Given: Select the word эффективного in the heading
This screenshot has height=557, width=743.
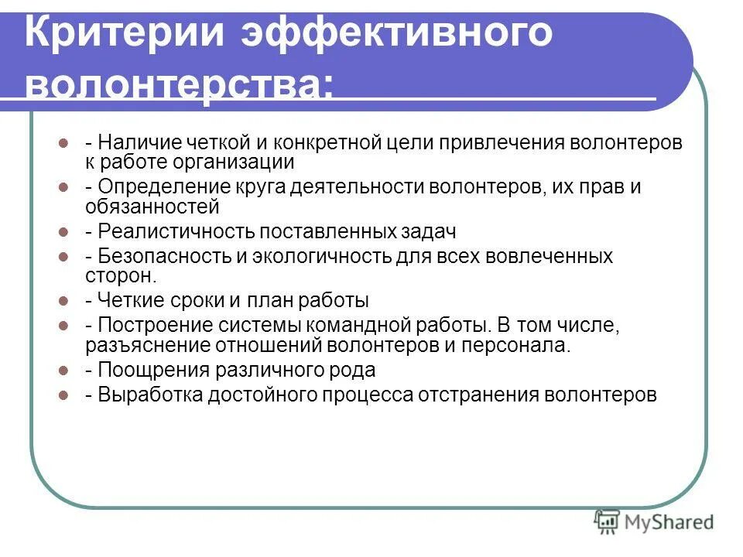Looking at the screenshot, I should (399, 35).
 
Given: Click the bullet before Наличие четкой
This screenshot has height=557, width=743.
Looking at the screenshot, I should (64, 144).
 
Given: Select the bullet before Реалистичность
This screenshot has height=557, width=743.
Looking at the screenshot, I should (64, 231).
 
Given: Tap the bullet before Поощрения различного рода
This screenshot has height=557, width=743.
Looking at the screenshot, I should (64, 370).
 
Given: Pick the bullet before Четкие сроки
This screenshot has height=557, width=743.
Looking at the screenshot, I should (64, 300).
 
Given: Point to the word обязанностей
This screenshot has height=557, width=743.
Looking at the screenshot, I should (152, 207).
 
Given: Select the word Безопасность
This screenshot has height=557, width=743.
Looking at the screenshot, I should (159, 257).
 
